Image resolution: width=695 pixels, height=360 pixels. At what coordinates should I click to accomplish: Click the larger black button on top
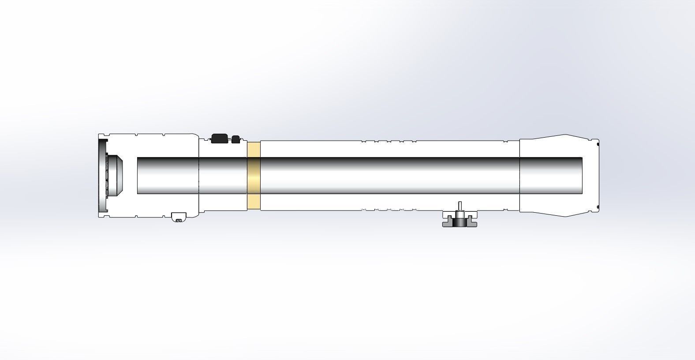(219, 139)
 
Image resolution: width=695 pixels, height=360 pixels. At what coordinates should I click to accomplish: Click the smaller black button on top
(236, 139)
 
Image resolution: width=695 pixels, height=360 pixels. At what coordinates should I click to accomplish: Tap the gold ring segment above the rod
(254, 149)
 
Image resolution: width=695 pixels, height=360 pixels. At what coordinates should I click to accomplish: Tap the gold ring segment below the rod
(254, 202)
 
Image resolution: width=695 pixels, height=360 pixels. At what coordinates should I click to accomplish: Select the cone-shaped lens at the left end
(116, 176)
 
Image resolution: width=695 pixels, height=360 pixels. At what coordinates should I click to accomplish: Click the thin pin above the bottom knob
(460, 206)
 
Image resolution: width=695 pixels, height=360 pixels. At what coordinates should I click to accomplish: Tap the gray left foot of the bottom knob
(448, 221)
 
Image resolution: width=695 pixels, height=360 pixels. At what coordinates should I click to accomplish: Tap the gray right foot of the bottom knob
(471, 221)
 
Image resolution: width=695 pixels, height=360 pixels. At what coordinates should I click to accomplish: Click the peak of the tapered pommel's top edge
(565, 135)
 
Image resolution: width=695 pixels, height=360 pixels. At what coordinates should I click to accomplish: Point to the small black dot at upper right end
(598, 143)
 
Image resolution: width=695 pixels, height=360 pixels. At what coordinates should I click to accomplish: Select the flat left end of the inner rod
(138, 176)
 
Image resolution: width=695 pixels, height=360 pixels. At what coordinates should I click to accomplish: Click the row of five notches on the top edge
(389, 142)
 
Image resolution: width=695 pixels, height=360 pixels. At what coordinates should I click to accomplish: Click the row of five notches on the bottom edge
(389, 209)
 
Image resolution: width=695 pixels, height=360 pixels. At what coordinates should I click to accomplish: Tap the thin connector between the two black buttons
(229, 139)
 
